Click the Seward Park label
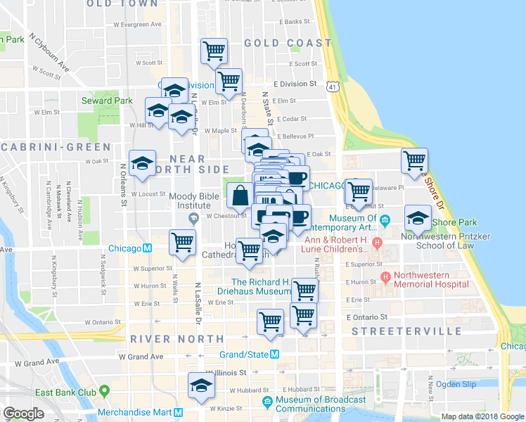point(107,101)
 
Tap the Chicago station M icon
point(148,248)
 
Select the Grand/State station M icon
point(275,354)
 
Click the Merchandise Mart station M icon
point(179,413)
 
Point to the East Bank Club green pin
point(105,390)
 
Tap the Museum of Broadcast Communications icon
point(267,402)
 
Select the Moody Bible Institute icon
point(193,218)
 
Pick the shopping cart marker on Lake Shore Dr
point(414,160)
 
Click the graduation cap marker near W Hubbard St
point(201,385)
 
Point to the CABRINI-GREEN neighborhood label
point(56,147)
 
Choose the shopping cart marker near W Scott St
point(214,50)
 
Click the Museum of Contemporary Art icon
point(385,222)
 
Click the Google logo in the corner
point(23,414)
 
